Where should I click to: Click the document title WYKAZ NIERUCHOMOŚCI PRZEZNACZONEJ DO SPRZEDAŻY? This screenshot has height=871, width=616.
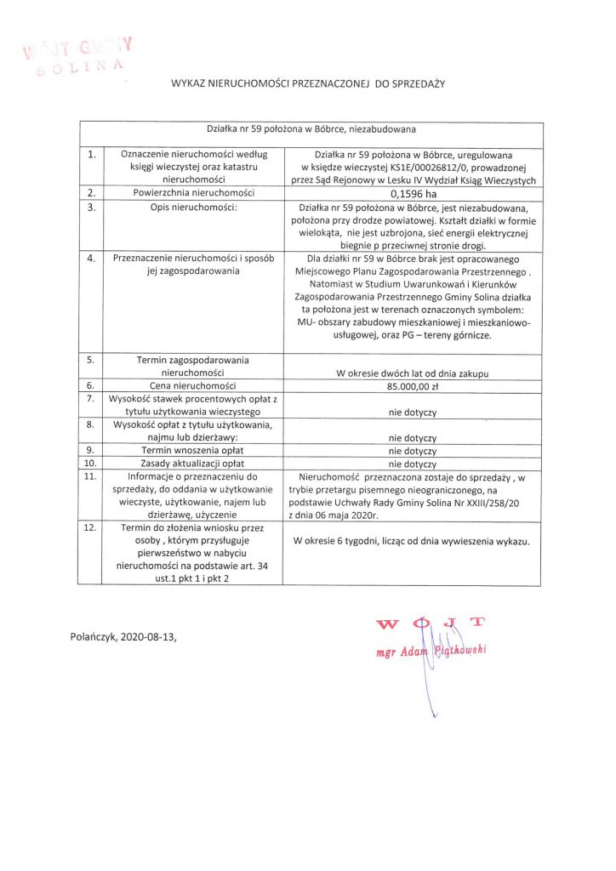coord(308,83)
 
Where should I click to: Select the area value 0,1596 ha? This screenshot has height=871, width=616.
coord(412,194)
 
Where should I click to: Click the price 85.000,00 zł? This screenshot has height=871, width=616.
coord(412,386)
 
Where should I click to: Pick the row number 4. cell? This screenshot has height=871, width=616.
coord(91,259)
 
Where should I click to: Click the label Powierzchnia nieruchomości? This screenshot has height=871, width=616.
coord(191,194)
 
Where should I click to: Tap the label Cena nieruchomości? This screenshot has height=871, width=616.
coord(191,386)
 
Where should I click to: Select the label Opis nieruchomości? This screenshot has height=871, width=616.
coord(191,208)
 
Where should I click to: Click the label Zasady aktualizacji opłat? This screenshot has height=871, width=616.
coord(191,464)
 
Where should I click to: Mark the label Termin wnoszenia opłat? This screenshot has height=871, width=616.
coord(191,451)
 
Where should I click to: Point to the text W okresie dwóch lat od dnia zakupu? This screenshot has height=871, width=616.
coord(412,373)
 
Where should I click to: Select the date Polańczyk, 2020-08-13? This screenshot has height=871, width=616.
coord(125,636)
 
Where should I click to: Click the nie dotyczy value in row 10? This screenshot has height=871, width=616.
coord(412,464)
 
